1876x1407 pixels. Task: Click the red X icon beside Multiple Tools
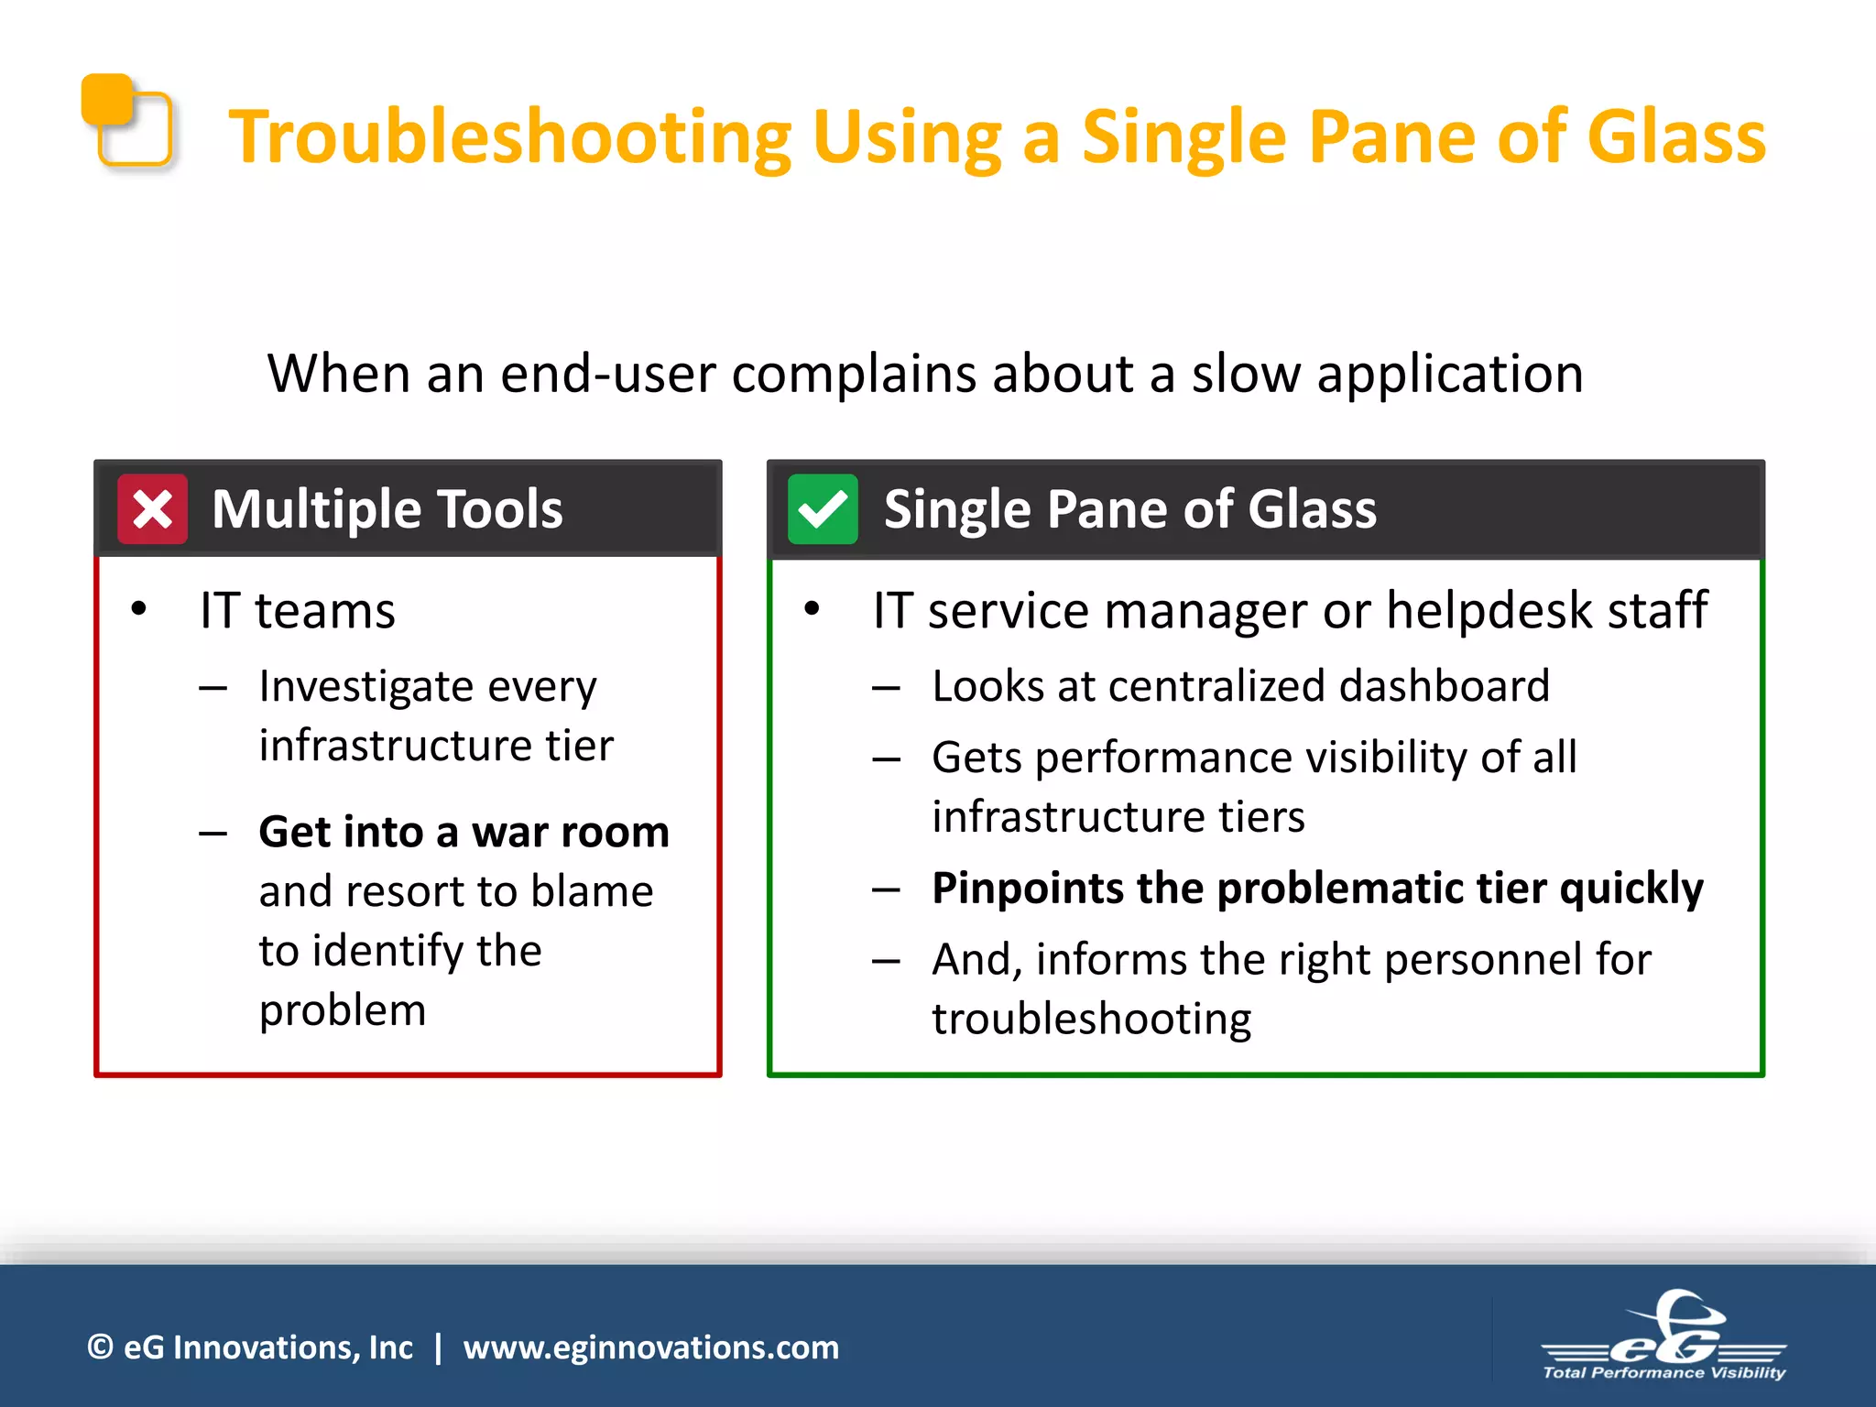(x=152, y=509)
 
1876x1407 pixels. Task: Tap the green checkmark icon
(x=823, y=509)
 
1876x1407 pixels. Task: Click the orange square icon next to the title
(x=126, y=121)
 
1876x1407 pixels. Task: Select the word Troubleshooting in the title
(x=509, y=137)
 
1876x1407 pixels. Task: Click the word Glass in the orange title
(x=1675, y=137)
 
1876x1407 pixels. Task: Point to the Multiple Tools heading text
(x=387, y=509)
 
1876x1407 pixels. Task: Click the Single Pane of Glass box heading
(x=1129, y=509)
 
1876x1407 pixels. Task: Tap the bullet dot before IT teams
(x=138, y=609)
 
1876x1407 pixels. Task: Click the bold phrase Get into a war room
(x=464, y=832)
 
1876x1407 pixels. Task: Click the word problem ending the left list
(x=343, y=1010)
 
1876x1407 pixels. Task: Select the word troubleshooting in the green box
(x=1091, y=1020)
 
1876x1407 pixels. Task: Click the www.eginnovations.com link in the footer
(x=650, y=1347)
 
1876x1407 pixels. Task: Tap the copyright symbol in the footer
(x=100, y=1347)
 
